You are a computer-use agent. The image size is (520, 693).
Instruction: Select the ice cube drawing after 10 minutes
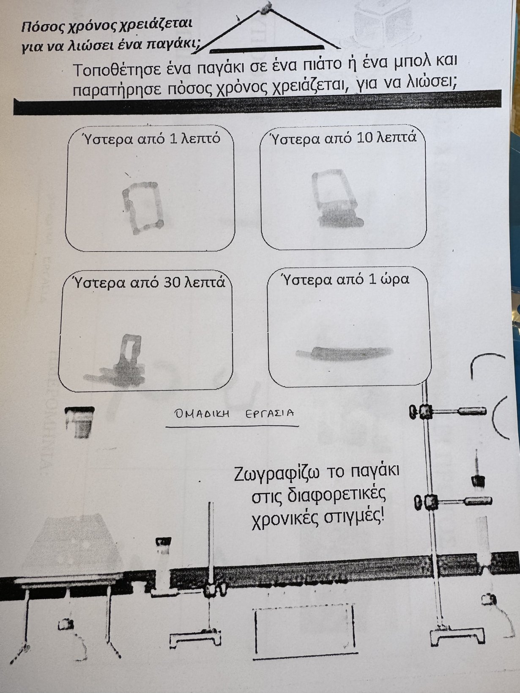337,198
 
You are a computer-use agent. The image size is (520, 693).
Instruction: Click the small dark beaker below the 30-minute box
79,422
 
